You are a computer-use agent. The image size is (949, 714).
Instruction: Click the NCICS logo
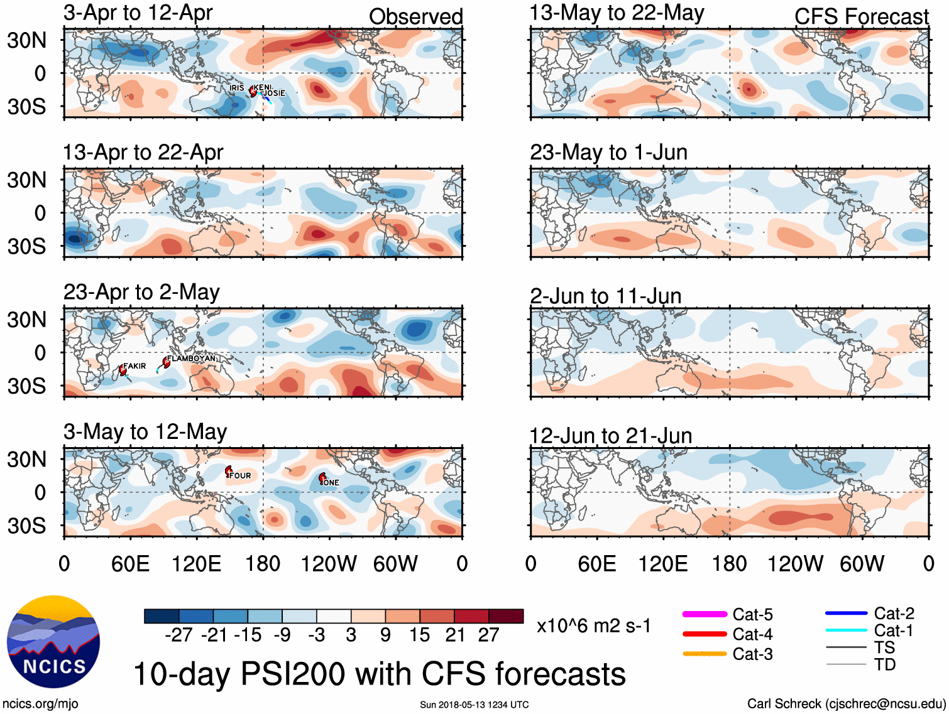click(53, 641)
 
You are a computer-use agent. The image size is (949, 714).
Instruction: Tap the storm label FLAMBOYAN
click(191, 359)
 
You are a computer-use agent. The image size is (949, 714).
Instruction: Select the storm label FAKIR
click(134, 366)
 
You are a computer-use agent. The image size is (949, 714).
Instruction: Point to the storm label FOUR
click(240, 476)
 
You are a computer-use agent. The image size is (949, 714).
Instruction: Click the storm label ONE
click(331, 483)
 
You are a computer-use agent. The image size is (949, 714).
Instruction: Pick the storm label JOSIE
click(274, 94)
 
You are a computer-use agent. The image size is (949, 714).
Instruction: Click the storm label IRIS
click(236, 88)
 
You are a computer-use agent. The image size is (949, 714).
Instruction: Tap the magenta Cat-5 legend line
click(705, 614)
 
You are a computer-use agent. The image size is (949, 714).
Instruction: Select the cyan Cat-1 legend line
click(846, 630)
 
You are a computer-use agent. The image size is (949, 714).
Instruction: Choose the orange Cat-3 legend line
click(705, 654)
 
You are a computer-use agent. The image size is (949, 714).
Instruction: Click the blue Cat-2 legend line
click(846, 613)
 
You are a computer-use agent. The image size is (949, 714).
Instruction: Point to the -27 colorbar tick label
click(178, 635)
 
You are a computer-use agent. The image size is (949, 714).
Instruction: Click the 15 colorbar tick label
click(419, 635)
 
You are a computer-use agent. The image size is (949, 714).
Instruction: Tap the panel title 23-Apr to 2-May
click(141, 292)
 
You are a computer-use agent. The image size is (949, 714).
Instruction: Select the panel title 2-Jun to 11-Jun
click(605, 295)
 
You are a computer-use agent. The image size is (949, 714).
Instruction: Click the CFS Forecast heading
click(861, 17)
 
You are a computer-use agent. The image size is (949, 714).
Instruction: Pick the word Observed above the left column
click(415, 17)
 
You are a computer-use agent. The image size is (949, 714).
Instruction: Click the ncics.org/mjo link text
click(40, 704)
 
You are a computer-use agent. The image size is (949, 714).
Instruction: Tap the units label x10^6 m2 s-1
click(594, 626)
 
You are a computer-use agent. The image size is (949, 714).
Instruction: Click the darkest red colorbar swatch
click(506, 616)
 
